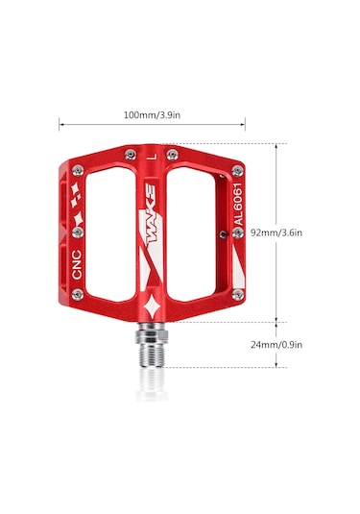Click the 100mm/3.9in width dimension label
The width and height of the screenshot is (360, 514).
(152, 115)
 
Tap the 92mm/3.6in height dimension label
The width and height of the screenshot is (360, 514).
(276, 233)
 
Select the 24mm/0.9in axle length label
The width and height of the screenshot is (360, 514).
(276, 345)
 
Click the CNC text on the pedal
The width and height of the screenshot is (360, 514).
(77, 264)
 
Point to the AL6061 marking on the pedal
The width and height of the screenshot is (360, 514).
(239, 204)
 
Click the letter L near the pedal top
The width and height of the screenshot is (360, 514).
(152, 157)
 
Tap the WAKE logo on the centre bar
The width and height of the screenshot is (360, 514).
(152, 213)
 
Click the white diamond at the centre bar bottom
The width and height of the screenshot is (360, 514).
(152, 306)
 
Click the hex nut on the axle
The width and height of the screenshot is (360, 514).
(152, 335)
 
